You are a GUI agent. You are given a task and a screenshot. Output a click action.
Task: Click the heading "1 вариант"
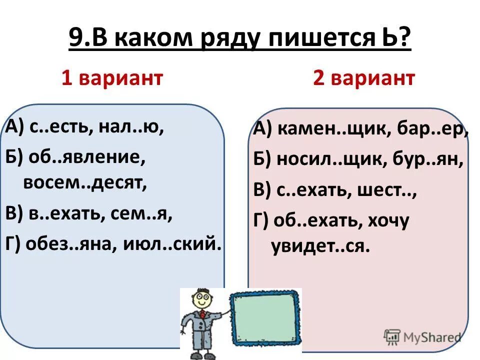click(x=112, y=78)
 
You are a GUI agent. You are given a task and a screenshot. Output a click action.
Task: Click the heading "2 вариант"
click(x=363, y=78)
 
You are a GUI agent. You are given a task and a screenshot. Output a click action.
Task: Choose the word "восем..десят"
click(x=85, y=183)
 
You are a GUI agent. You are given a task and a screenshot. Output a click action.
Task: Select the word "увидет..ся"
click(x=320, y=246)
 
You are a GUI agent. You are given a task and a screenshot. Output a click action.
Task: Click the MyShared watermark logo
click(x=422, y=336)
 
